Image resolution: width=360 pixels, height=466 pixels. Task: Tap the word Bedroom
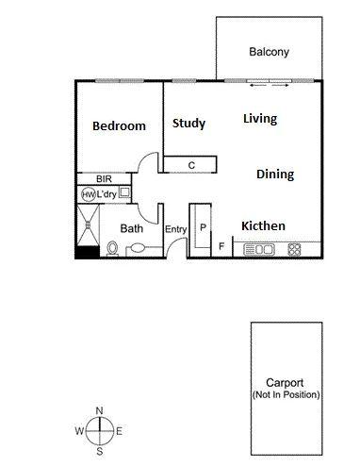coord(119,126)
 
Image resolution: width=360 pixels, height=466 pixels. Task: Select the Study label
coord(188,123)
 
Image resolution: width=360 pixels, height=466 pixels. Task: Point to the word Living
coord(260,119)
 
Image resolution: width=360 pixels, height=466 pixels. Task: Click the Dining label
coord(275,175)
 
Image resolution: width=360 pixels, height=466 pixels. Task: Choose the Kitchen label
coord(263,225)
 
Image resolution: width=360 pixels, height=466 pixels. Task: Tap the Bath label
coord(132,228)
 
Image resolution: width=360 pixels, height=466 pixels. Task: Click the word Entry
coord(176,229)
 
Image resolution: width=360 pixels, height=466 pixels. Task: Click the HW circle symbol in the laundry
coord(88,194)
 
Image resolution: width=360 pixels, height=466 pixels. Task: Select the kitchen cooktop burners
coord(294,250)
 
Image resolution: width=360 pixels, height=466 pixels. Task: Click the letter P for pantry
coord(202,229)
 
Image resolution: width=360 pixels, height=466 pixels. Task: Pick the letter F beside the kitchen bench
coord(221,247)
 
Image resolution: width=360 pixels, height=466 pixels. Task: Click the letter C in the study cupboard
coord(191,165)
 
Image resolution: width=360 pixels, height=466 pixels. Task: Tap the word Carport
coord(285,382)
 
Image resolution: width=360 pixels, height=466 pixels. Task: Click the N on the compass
coord(99,410)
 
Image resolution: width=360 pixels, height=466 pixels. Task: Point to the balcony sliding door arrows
coord(270,87)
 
